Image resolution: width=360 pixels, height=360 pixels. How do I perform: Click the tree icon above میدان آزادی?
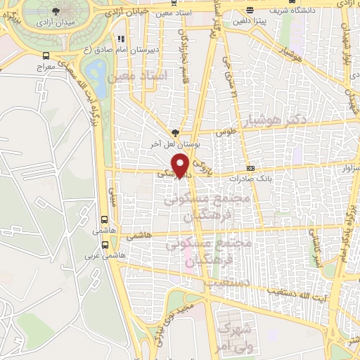(x=56, y=12)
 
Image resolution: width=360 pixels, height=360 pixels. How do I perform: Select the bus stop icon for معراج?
(x=46, y=56)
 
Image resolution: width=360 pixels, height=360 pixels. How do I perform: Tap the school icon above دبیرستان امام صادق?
(x=121, y=38)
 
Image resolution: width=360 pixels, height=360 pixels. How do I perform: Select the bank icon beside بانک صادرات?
(x=250, y=169)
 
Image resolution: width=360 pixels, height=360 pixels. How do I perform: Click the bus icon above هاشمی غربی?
(x=105, y=245)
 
